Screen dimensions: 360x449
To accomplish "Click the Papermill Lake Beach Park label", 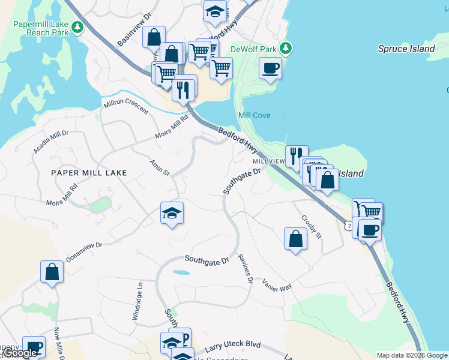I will click(x=40, y=28).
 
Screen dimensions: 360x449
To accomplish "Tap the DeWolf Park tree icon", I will click(x=287, y=48).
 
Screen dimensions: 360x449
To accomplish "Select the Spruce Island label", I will click(x=406, y=49).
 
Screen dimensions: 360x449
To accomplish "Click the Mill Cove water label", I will click(x=254, y=115).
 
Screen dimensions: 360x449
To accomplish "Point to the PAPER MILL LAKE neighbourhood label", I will click(x=89, y=173).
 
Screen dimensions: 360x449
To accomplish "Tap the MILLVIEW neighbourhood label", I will click(x=268, y=162).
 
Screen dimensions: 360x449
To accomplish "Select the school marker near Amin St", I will click(x=172, y=214).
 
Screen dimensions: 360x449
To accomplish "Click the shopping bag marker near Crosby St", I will click(x=295, y=239).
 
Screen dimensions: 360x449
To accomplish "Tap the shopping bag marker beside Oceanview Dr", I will click(x=52, y=271).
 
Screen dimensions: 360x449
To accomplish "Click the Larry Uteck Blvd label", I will click(x=233, y=346).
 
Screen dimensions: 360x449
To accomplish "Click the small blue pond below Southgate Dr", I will click(x=179, y=272).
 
